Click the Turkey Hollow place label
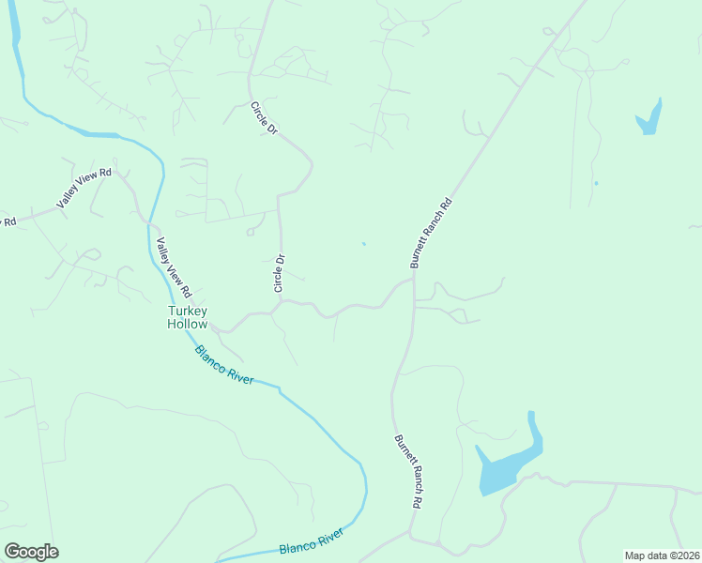coord(188,317)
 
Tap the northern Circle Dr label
coord(264,118)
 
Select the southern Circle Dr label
coord(279,273)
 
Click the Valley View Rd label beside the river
coord(173,266)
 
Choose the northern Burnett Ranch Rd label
coord(432,233)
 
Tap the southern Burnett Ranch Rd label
coord(406,471)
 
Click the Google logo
coord(31,552)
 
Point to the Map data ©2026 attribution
coord(661,555)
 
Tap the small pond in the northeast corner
coord(649,118)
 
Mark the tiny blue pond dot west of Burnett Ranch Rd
coord(364,245)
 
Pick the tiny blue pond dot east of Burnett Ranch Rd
coord(595,183)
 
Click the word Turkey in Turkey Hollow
coord(188,311)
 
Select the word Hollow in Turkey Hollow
coord(188,324)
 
